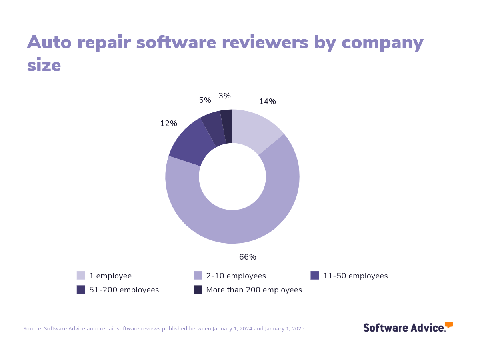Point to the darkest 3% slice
(x=227, y=126)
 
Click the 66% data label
(x=248, y=257)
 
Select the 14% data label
(x=267, y=102)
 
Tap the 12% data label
(x=168, y=124)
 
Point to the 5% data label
(x=205, y=100)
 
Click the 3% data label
(x=224, y=96)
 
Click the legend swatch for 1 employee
(x=81, y=276)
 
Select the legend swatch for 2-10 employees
(x=198, y=276)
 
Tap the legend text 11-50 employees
(x=355, y=276)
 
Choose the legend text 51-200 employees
(x=124, y=290)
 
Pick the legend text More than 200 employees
(x=254, y=290)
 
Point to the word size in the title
(x=44, y=65)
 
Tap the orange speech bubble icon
(x=449, y=325)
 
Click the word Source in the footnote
(x=32, y=329)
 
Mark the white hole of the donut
(x=232, y=176)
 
